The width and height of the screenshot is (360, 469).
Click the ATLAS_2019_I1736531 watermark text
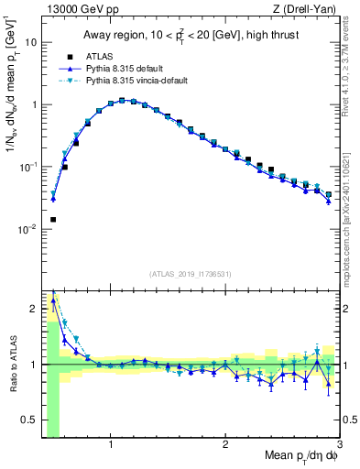(x=190, y=274)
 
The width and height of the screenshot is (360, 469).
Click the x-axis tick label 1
(x=111, y=446)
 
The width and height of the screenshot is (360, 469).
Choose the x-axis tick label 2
(x=225, y=446)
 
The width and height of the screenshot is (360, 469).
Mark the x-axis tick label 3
(x=339, y=446)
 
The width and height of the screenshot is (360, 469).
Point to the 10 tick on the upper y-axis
(x=31, y=42)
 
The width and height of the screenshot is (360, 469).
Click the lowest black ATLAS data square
(x=53, y=220)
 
